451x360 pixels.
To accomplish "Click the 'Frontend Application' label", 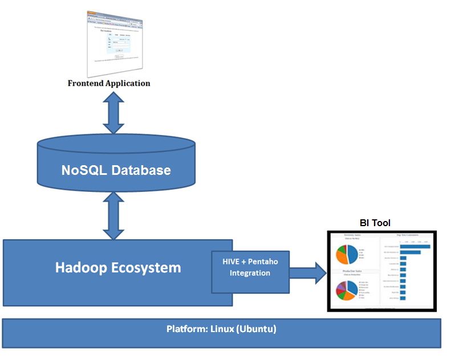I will click(x=109, y=83).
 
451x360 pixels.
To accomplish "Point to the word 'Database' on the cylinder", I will click(x=143, y=170).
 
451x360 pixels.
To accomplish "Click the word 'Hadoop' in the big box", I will click(x=85, y=267).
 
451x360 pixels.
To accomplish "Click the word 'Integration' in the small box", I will click(x=250, y=273).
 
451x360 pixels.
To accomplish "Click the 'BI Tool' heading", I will click(x=375, y=223).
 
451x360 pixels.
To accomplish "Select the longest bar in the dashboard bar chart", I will click(x=415, y=246).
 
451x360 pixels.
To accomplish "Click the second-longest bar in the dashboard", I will click(x=410, y=252).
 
